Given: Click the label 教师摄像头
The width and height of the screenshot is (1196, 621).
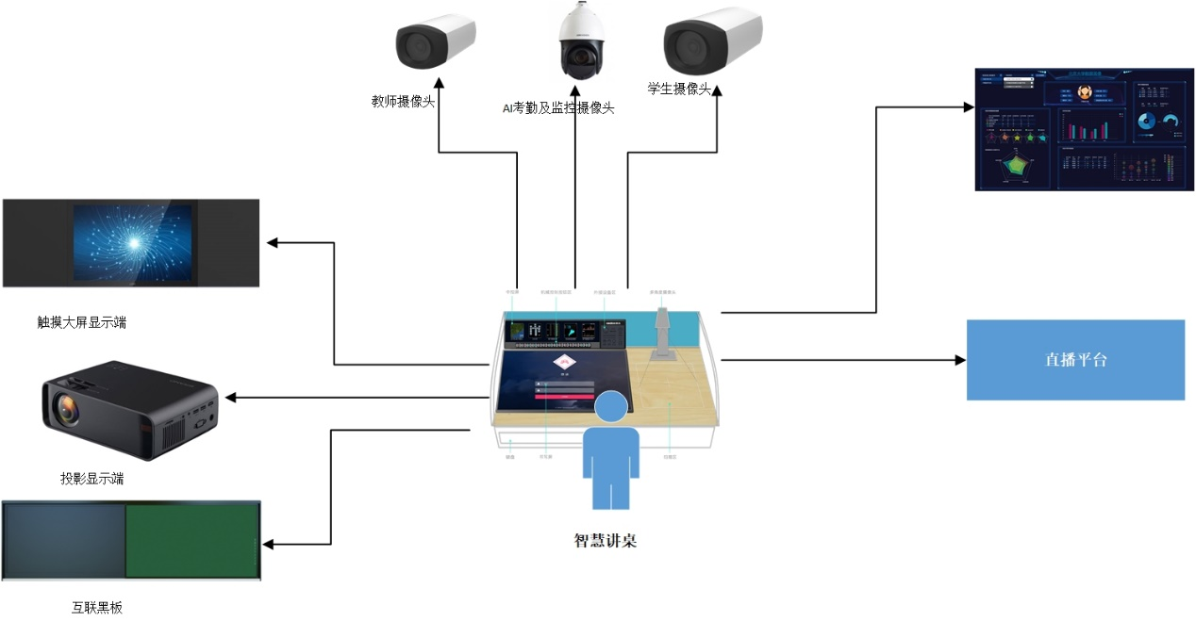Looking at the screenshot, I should (x=403, y=102).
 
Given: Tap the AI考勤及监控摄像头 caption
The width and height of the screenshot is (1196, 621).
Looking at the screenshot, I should (x=557, y=108).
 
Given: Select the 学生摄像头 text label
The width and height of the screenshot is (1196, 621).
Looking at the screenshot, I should (x=678, y=89).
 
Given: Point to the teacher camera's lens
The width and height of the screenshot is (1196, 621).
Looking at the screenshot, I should (x=414, y=44).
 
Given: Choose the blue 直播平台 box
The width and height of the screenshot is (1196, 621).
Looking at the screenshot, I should (x=1075, y=360).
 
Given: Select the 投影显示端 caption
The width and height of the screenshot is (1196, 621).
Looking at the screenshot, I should (x=92, y=479).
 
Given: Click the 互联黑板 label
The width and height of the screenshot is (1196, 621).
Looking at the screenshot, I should (x=97, y=607).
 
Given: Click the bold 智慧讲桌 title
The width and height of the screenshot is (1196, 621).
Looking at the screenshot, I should (x=606, y=541).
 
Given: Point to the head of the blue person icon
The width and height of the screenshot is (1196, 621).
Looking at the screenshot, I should (x=610, y=406).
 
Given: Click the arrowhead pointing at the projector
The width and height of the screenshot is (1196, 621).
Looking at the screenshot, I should (x=230, y=398).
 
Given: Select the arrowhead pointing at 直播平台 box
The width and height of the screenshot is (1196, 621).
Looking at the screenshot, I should (x=960, y=360).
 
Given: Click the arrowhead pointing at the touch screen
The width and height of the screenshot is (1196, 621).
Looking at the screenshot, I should (x=273, y=243).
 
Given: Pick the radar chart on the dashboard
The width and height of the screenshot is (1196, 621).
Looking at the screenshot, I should (x=1016, y=167).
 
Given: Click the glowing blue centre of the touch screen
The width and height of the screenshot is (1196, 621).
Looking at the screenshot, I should (x=134, y=241).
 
